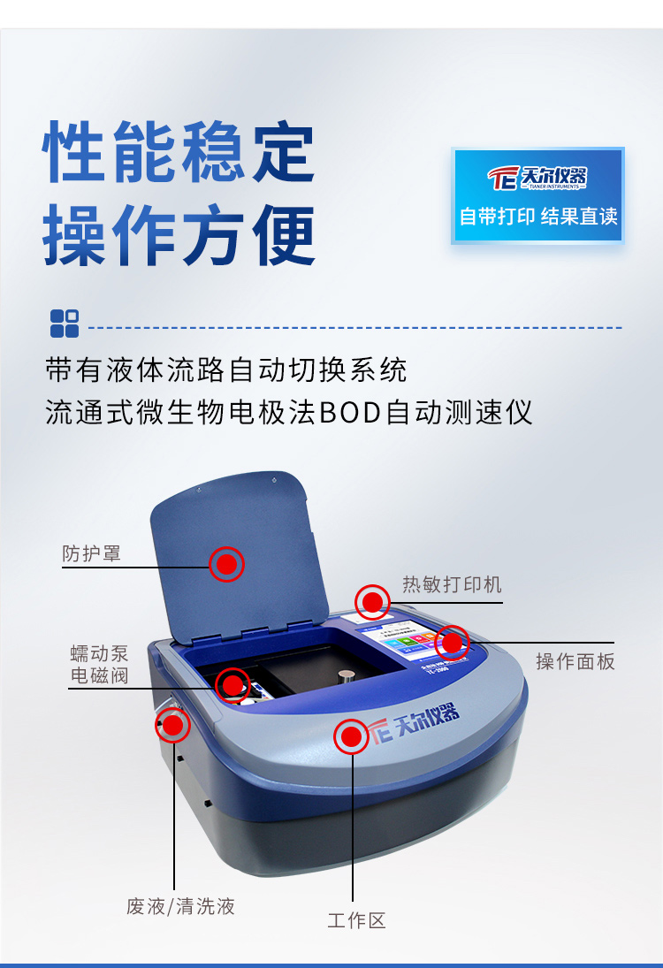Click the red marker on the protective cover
pos(227,563)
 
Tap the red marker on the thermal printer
pos(372,603)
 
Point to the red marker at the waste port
pos(172,726)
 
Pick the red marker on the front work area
pos(351,736)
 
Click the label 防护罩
pos(91,554)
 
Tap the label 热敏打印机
pos(452,584)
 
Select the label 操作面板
pos(575,661)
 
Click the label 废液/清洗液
pos(181,906)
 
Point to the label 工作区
pos(357,920)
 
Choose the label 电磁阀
pos(99,675)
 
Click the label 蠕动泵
pos(99,654)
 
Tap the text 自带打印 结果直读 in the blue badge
pos(538,217)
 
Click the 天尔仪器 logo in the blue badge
pos(538,177)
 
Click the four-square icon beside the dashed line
pos(65,324)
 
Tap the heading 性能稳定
pos(180,153)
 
